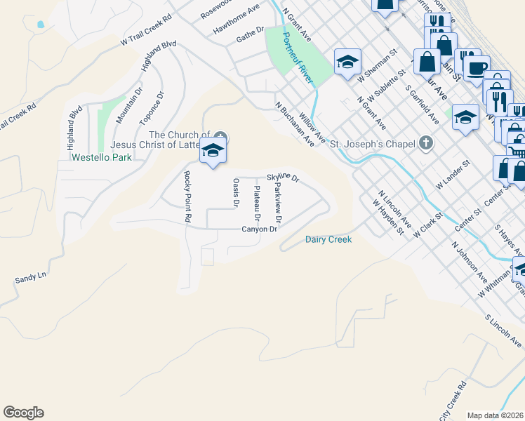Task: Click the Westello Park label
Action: [x=102, y=158]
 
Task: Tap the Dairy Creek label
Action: [x=328, y=239]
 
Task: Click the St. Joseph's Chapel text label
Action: [x=371, y=145]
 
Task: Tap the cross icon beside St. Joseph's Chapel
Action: [x=425, y=144]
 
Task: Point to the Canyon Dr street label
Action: [x=260, y=229]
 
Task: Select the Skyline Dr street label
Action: [x=283, y=178]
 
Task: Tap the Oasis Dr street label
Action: [x=236, y=193]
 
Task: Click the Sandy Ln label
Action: [x=30, y=279]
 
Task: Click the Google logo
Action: [x=23, y=413]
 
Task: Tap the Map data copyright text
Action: [x=496, y=415]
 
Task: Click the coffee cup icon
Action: [x=477, y=69]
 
